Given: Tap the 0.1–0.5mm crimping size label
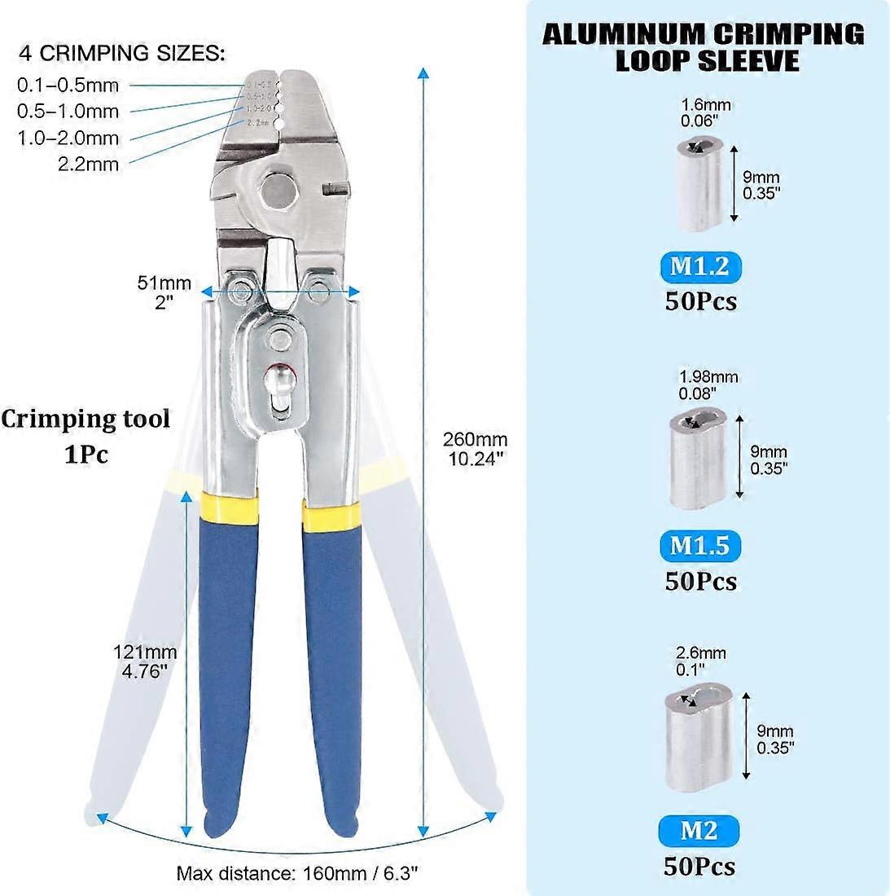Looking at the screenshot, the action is [x=68, y=85].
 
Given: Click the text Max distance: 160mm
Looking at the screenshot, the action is [x=297, y=874].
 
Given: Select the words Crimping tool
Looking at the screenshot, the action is [x=85, y=419].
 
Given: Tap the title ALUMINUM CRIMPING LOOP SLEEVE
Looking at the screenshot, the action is [x=703, y=46].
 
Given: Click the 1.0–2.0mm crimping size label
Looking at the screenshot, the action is [x=68, y=138].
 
